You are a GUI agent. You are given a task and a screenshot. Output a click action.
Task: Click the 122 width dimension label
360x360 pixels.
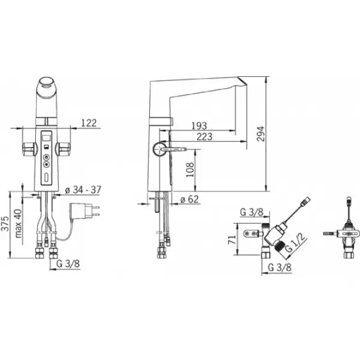tap(89, 123)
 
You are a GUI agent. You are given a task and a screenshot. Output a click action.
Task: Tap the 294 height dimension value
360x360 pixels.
tap(260, 134)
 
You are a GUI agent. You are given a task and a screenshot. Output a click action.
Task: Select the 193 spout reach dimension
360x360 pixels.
tap(199, 126)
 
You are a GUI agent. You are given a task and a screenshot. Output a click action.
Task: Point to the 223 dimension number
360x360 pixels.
tap(205, 137)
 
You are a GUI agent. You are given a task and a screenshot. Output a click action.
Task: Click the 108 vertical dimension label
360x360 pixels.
tap(190, 170)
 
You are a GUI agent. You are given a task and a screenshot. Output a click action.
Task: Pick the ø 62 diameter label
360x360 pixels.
tap(190, 199)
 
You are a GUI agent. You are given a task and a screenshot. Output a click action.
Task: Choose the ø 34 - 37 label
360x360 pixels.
tap(83, 190)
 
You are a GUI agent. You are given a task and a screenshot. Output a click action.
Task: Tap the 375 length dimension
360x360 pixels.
tap(5, 223)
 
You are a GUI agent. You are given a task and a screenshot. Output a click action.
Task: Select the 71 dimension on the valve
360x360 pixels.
tap(232, 239)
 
